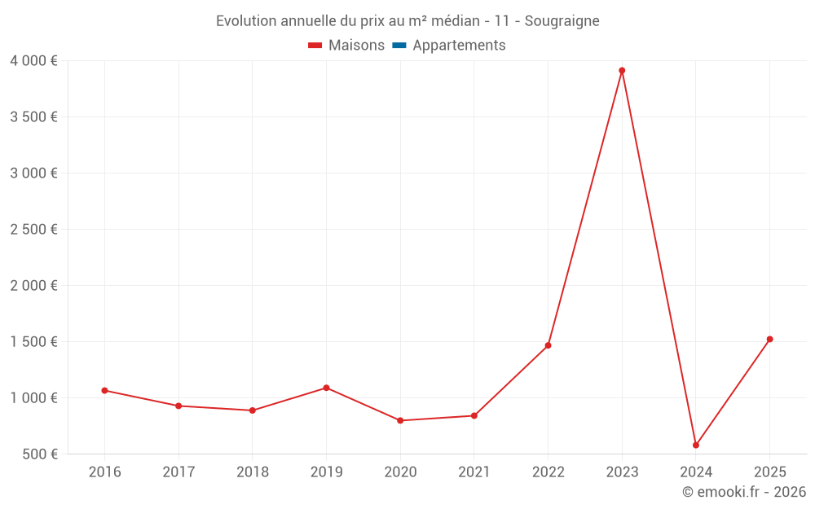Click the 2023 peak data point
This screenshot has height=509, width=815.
pyautogui.click(x=622, y=71)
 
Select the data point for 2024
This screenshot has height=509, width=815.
pyautogui.click(x=696, y=445)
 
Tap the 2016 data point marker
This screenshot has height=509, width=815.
pyautogui.click(x=104, y=391)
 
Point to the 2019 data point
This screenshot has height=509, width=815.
pyautogui.click(x=326, y=388)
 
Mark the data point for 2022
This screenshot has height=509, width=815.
pyautogui.click(x=548, y=345)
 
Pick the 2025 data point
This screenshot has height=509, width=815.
pyautogui.click(x=769, y=340)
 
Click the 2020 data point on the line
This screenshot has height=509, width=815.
pyautogui.click(x=400, y=421)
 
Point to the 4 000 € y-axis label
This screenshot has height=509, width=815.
pyautogui.click(x=33, y=61)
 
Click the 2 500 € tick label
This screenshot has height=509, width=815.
pyautogui.click(x=33, y=230)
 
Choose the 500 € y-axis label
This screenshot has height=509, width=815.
pyautogui.click(x=39, y=454)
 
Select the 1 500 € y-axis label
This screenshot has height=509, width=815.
pyautogui.click(x=33, y=342)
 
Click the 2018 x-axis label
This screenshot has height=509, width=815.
pyautogui.click(x=252, y=472)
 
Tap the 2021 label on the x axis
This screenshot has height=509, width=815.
pyautogui.click(x=474, y=472)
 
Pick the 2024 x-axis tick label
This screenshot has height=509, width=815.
pyautogui.click(x=696, y=472)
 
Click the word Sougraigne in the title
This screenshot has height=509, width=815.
pyautogui.click(x=562, y=21)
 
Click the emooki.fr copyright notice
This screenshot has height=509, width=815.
pyautogui.click(x=744, y=492)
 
